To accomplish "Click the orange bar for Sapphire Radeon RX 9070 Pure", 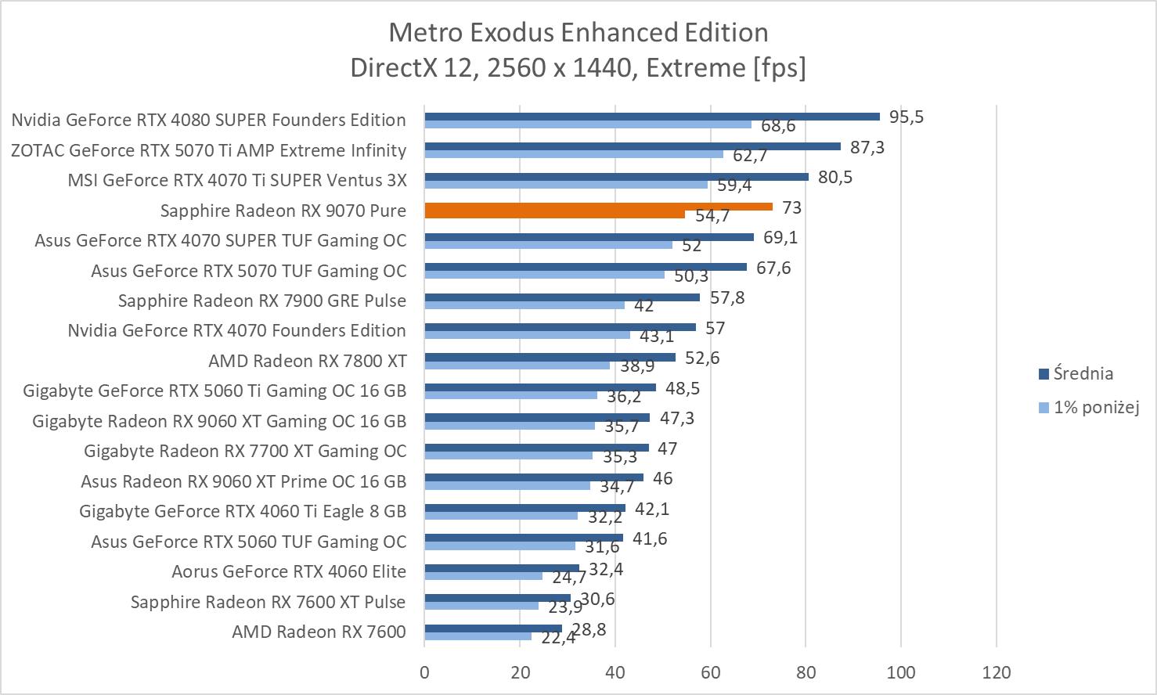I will (x=598, y=207).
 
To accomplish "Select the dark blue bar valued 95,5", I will (x=651, y=117).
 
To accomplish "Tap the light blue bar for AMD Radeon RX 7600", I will (x=478, y=636).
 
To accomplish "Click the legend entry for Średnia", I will (x=1083, y=373).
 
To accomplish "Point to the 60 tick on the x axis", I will (x=711, y=672).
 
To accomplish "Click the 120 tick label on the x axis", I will (x=997, y=672).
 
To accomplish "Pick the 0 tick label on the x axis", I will (x=424, y=672).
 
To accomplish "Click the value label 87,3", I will (x=866, y=146).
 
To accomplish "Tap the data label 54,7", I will (x=712, y=215).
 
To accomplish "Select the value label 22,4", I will (x=558, y=638).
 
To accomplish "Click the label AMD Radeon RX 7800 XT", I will (x=307, y=361).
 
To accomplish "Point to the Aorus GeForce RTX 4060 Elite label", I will (x=289, y=571).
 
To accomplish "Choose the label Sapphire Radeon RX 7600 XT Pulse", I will (x=268, y=602).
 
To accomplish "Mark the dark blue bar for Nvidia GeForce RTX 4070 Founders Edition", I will (x=560, y=327).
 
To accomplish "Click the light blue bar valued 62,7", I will (x=574, y=154).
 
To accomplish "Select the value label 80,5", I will (x=834, y=177).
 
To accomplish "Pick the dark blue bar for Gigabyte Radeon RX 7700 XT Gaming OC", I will (x=536, y=448).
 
